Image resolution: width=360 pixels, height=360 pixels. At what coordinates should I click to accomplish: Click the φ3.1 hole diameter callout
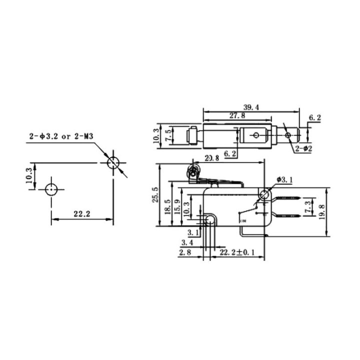coord(284,179)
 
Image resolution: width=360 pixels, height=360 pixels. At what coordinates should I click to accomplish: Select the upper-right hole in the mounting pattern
coord(113,162)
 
